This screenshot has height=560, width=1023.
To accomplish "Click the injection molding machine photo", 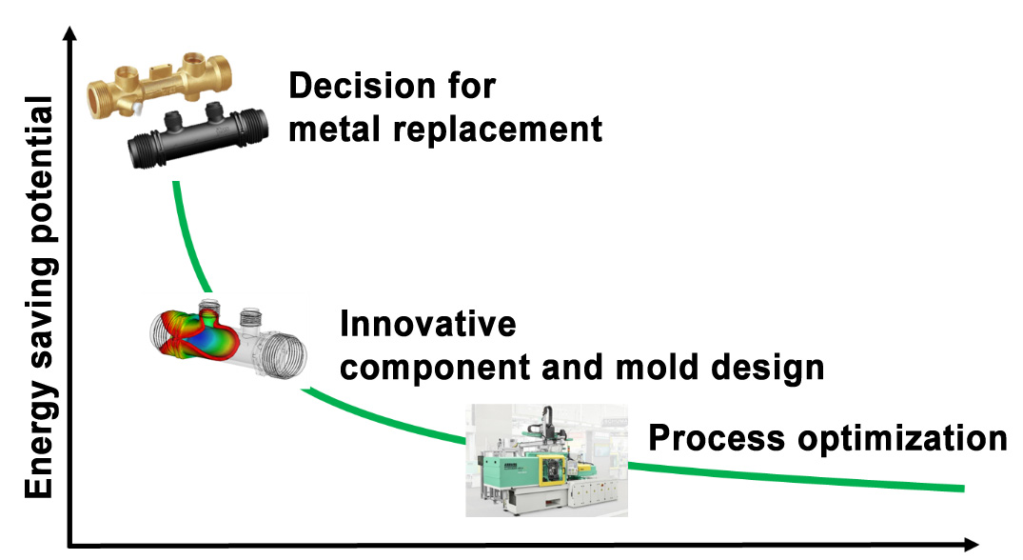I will (546, 460).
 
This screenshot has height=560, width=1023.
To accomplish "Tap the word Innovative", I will (428, 324).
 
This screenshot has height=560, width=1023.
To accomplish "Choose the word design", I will (772, 368).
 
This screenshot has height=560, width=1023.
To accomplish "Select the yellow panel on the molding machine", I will (549, 466).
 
